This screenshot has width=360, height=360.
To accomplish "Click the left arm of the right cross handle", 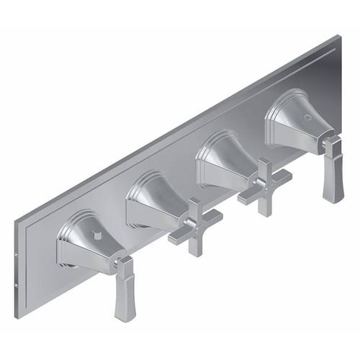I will (x=248, y=195).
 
